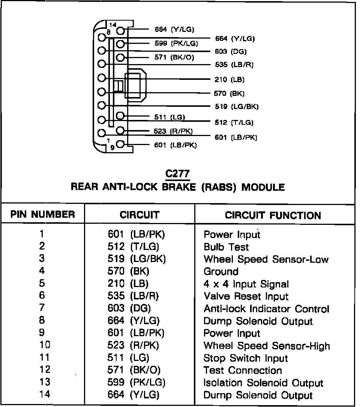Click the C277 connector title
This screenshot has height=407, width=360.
click(x=178, y=174)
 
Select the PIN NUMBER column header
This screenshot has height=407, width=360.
click(x=42, y=215)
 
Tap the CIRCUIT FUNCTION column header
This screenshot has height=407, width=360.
click(x=273, y=215)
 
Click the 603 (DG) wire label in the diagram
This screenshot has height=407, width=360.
click(x=231, y=52)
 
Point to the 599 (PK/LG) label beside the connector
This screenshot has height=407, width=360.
click(x=176, y=43)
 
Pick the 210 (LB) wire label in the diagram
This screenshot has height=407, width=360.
click(x=230, y=79)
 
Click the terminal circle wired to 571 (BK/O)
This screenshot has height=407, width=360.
click(x=120, y=57)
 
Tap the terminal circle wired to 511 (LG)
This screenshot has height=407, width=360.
click(x=120, y=116)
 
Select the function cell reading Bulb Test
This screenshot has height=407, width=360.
click(x=226, y=247)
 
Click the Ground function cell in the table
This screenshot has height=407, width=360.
click(x=221, y=271)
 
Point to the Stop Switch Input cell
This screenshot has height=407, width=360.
click(x=246, y=358)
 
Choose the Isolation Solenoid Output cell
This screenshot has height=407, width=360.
click(x=263, y=383)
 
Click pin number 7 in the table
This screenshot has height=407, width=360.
click(x=42, y=308)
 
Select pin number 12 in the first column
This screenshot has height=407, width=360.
click(x=44, y=370)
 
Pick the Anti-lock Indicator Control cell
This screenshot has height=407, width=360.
click(x=266, y=309)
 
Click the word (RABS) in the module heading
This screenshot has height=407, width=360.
click(x=218, y=187)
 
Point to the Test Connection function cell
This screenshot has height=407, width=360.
click(x=243, y=370)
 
